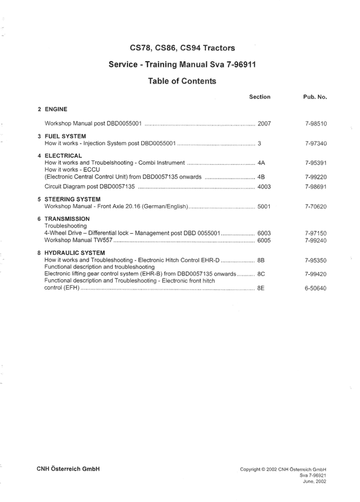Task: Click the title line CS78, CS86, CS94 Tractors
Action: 182,47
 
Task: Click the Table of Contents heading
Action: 182,81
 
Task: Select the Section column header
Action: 259,97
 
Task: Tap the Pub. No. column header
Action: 315,97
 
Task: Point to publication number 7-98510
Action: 316,124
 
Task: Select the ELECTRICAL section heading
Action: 63,156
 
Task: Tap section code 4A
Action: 261,163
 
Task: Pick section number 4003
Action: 264,187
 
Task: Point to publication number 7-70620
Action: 316,206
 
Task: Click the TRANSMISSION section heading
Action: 67,219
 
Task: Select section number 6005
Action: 264,240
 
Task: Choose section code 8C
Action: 261,274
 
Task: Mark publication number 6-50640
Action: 316,288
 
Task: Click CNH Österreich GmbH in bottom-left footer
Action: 68,469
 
